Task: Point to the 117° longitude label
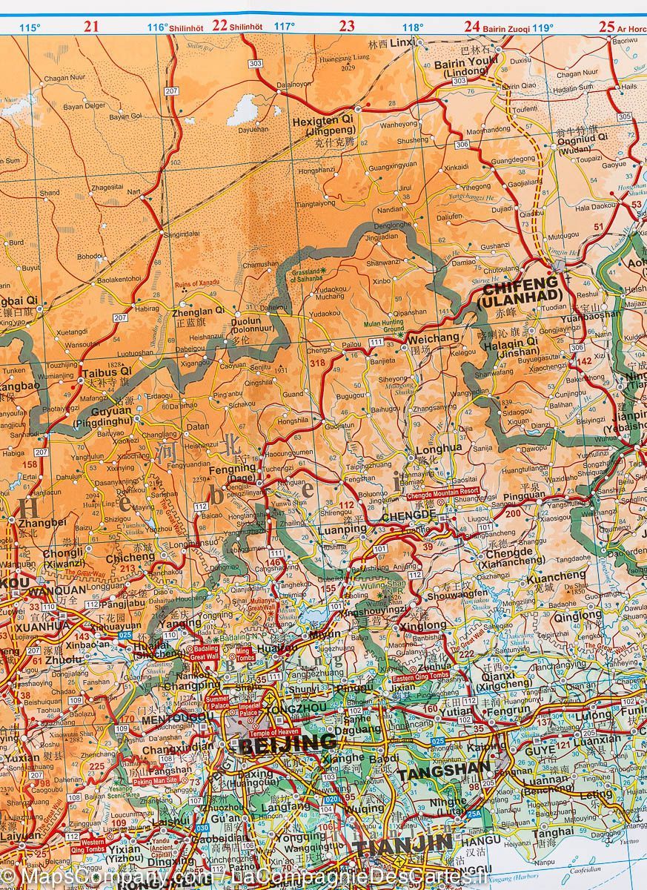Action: pos(285,27)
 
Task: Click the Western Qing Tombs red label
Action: pos(93,843)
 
